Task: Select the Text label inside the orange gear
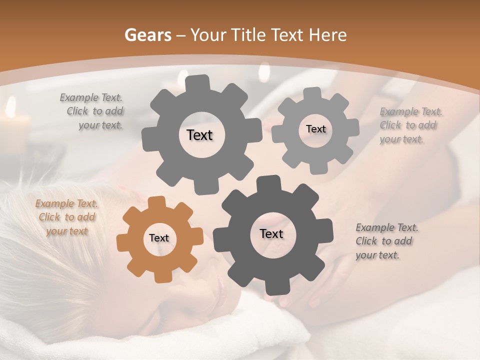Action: (x=159, y=238)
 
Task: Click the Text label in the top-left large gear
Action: (x=199, y=135)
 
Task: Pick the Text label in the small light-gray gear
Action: (x=315, y=129)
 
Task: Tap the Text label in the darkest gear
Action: (x=271, y=234)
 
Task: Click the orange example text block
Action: (x=66, y=217)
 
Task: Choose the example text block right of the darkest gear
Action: (x=386, y=241)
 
